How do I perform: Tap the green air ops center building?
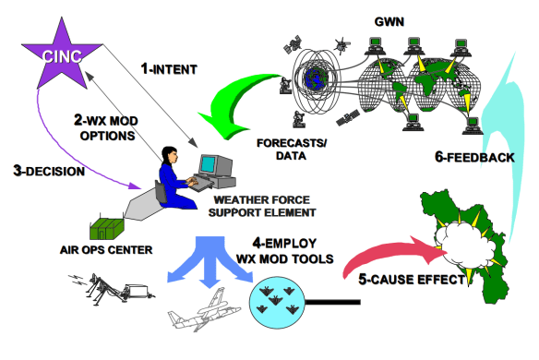pos(110,225)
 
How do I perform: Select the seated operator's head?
pos(170,153)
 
